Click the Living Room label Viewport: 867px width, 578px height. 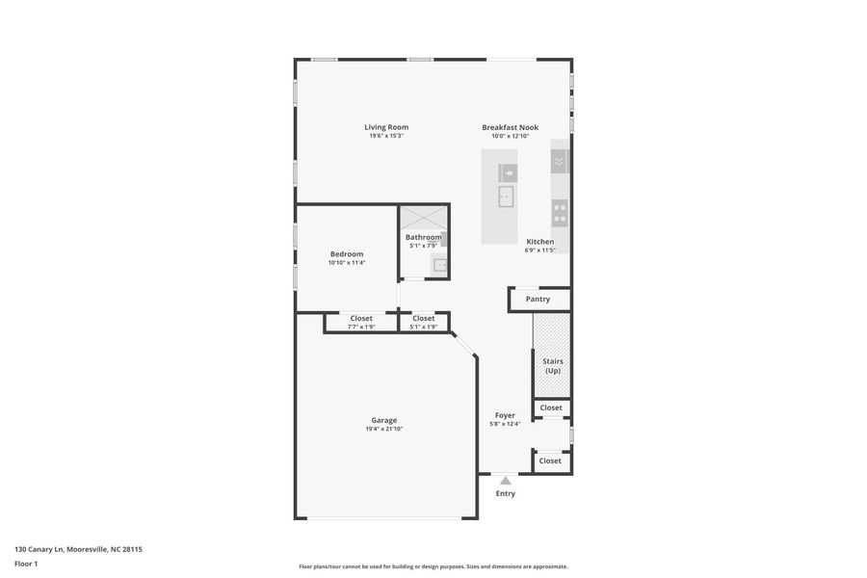[x=386, y=127]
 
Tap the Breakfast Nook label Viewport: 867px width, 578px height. [x=510, y=127]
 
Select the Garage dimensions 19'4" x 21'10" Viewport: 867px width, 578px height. [x=383, y=429]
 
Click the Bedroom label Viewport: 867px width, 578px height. [x=347, y=254]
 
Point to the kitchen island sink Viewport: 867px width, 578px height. [x=506, y=197]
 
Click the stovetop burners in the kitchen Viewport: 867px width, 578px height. [x=560, y=214]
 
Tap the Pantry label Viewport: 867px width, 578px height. [x=538, y=300]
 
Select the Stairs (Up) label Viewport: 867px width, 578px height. [x=553, y=366]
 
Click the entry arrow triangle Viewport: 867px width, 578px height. [x=506, y=480]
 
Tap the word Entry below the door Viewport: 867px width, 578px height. [x=506, y=493]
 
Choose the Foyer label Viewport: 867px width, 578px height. [x=505, y=415]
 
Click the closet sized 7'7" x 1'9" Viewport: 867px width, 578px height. [x=361, y=322]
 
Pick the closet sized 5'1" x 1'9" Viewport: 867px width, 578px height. [x=424, y=322]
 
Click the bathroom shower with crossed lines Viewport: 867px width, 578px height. [x=423, y=218]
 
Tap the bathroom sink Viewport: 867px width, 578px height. [x=440, y=265]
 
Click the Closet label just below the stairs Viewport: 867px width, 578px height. [x=551, y=407]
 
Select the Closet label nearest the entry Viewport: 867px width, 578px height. [x=550, y=460]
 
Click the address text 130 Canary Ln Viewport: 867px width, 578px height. [x=39, y=549]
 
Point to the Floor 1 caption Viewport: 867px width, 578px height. [x=26, y=565]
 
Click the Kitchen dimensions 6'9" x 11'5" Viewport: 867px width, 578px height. [x=539, y=250]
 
